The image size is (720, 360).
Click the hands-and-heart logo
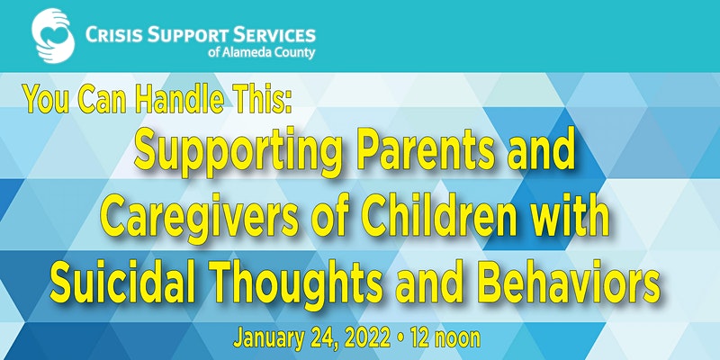[x=53, y=35]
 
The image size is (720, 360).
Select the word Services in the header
[x=274, y=35]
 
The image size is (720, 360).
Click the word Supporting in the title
[x=238, y=152]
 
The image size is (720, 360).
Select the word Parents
[x=426, y=150]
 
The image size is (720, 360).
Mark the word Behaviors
[x=569, y=281]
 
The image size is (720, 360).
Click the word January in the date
[x=268, y=339]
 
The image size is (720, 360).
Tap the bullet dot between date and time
[x=400, y=339]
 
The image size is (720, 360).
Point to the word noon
[x=459, y=339]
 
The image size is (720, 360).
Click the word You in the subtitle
[x=46, y=99]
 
